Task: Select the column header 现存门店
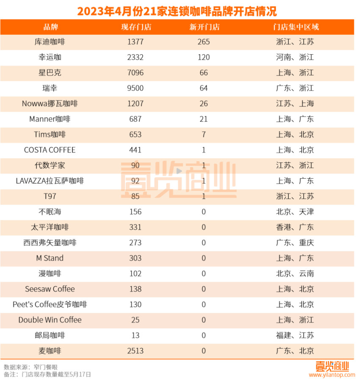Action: coord(136,27)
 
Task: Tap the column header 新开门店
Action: coord(204,27)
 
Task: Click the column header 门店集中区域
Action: coord(295,27)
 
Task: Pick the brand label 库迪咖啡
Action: coord(50,42)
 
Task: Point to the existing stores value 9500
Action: coord(136,88)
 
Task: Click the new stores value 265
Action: coord(204,42)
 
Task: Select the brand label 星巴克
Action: coord(50,73)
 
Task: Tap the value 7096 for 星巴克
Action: coord(136,73)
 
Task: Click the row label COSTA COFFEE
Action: coord(50,150)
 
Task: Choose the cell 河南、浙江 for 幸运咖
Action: coord(295,57)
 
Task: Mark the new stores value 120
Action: coord(204,57)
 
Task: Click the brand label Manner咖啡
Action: coord(50,119)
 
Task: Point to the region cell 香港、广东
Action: coord(295,227)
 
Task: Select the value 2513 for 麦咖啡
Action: coord(136,350)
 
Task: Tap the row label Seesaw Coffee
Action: coord(50,289)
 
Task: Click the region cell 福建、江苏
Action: coord(295,335)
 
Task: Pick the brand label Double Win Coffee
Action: coord(50,320)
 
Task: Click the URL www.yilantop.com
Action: coord(332,375)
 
